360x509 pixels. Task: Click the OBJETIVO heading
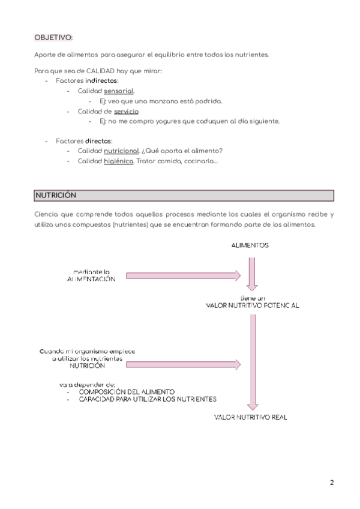(53, 38)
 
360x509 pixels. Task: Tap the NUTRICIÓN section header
(55, 196)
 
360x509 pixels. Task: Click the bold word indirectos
(101, 80)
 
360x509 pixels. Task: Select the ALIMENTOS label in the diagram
(251, 245)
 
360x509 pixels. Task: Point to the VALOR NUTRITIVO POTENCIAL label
(252, 306)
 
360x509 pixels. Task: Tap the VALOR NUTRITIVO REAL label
(251, 417)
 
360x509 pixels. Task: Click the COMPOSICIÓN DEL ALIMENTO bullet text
(127, 391)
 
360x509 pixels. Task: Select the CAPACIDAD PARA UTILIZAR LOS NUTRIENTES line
(148, 399)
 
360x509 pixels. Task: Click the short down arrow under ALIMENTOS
(251, 274)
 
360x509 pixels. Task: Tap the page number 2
(332, 483)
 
